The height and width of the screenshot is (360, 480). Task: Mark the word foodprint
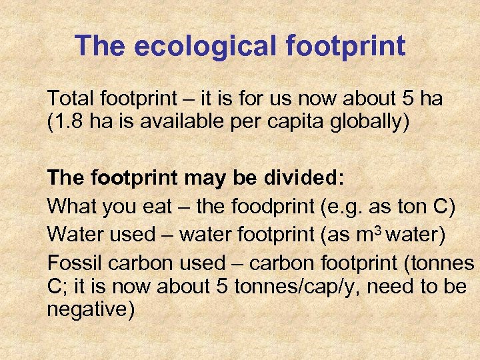[276, 206]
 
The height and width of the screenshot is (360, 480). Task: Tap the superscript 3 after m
[378, 231]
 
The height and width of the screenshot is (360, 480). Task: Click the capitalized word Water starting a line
[73, 235]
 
